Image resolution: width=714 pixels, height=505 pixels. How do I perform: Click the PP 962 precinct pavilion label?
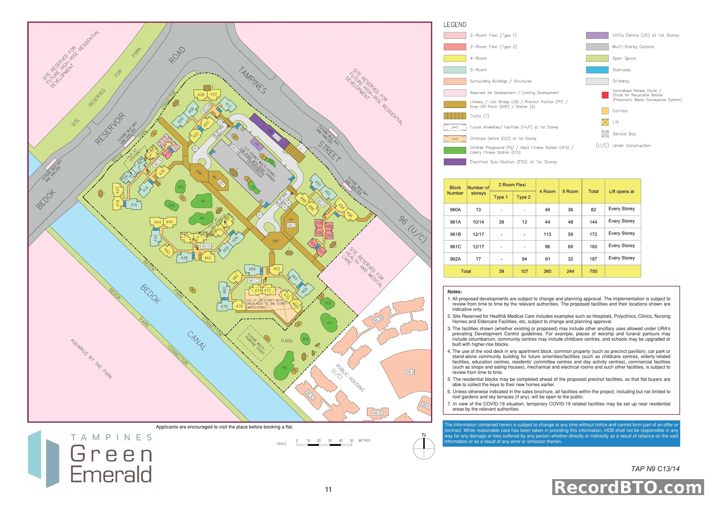[291, 225]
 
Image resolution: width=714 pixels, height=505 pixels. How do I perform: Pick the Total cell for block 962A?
[593, 259]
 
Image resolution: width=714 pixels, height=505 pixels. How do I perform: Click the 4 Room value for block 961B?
[547, 234]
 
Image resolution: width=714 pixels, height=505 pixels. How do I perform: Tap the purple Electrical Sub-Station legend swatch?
[455, 162]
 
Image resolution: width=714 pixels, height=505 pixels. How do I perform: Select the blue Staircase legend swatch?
[597, 70]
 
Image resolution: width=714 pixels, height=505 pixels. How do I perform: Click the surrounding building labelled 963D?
[378, 413]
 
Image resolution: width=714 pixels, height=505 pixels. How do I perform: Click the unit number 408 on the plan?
[201, 95]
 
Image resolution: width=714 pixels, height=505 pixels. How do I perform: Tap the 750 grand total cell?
[593, 271]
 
